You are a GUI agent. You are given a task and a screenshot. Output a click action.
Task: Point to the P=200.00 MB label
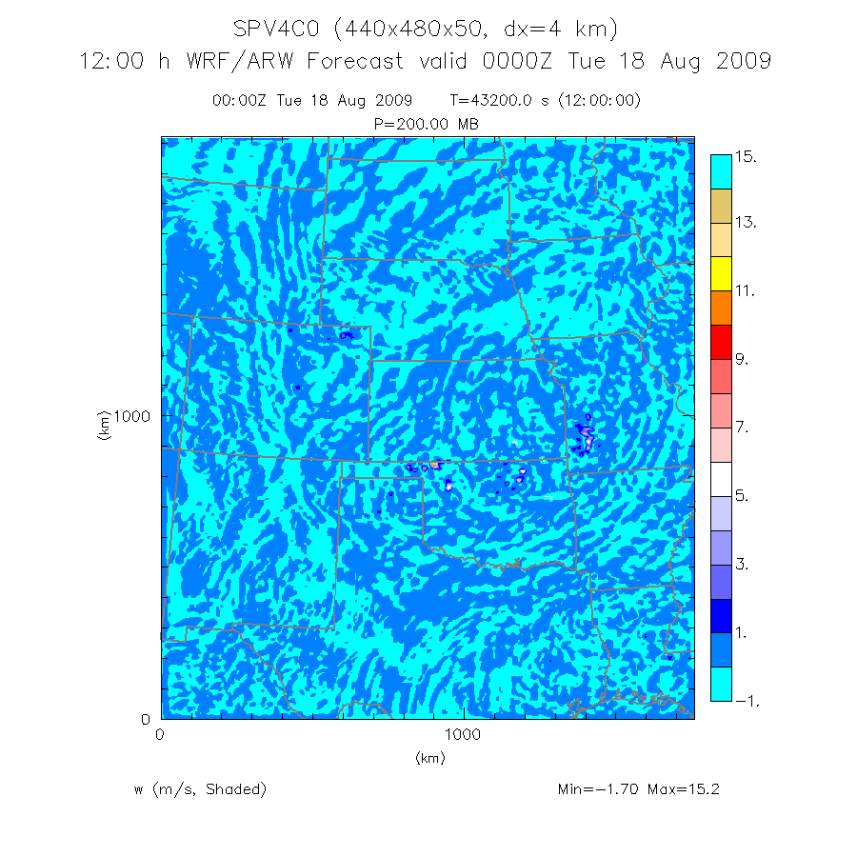click(428, 124)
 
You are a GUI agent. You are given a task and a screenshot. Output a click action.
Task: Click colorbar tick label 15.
click(746, 157)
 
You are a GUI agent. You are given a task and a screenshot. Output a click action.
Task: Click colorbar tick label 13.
click(746, 223)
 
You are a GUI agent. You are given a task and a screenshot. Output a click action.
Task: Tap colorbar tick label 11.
click(746, 291)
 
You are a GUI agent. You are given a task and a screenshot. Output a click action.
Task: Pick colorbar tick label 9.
click(742, 360)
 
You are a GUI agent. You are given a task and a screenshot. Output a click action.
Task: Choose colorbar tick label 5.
click(742, 496)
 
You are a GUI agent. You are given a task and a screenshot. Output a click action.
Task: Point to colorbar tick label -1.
click(746, 701)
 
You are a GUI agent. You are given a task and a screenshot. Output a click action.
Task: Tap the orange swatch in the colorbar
click(721, 308)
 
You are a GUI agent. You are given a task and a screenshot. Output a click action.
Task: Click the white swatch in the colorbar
click(721, 478)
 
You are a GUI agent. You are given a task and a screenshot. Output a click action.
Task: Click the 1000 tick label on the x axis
click(463, 735)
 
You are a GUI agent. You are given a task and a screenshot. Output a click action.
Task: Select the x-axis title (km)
click(429, 758)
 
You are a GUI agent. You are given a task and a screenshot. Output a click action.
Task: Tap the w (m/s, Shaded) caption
click(200, 789)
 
